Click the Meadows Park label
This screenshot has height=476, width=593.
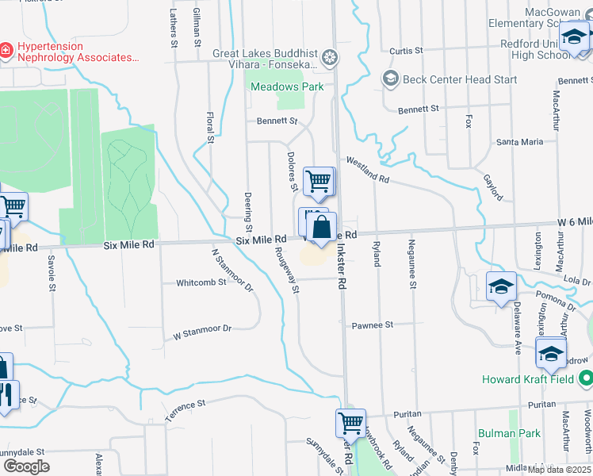point(278,86)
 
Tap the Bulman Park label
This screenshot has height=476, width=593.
point(509,433)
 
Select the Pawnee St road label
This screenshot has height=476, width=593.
point(373,325)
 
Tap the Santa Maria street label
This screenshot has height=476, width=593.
point(519,142)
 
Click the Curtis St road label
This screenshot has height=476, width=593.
point(406,51)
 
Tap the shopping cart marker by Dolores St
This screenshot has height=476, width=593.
point(318,180)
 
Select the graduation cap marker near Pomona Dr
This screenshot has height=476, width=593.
point(502,286)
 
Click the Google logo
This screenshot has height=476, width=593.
point(26,466)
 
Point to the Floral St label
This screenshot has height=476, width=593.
point(211,128)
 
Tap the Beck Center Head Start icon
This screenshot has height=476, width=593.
point(390,79)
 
